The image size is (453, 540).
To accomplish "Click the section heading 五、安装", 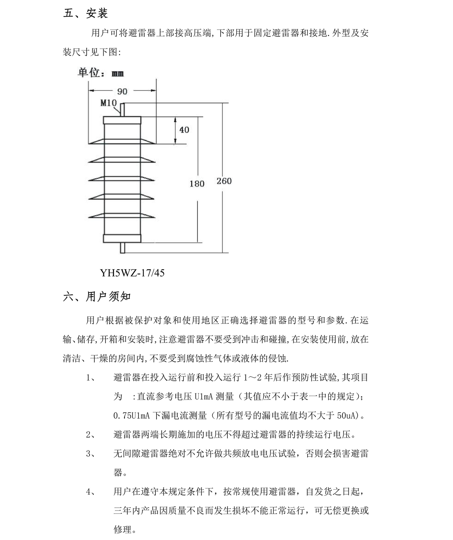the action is point(85,14).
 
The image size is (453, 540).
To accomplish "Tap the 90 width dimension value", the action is point(122,91).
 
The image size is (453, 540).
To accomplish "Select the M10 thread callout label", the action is point(108,103).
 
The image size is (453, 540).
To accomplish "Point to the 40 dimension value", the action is point(184,130).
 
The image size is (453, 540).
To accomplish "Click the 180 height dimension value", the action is point(197,184).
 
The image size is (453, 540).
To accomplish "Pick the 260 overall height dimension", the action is point(224,181).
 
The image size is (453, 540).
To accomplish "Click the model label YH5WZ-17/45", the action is point(132,273).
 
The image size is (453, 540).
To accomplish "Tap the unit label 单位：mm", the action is point(101,73).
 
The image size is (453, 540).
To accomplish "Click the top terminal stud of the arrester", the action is point(122,110).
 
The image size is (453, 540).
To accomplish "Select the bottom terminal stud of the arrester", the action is point(122,248).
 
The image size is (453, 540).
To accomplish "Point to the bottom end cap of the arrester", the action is point(122,238).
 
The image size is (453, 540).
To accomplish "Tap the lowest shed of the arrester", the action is point(122,215).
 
